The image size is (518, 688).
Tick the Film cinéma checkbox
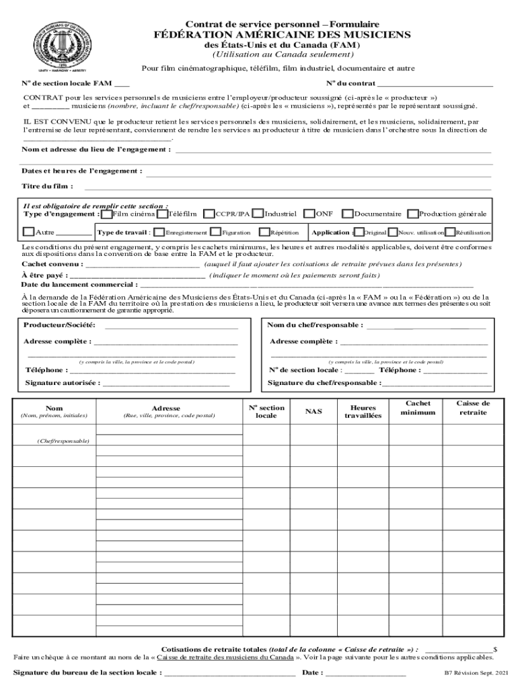(108, 214)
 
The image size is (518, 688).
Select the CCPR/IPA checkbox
(209, 214)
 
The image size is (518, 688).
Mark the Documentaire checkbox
(347, 214)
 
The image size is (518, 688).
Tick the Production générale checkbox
(412, 214)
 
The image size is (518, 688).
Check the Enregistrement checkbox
(159, 232)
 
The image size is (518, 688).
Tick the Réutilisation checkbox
(451, 232)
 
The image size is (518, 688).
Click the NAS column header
(313, 411)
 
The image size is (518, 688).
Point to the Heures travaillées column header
(363, 411)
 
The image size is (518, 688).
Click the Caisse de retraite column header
(473, 407)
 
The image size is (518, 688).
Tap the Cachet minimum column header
(418, 407)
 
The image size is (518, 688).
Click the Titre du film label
(47, 186)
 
